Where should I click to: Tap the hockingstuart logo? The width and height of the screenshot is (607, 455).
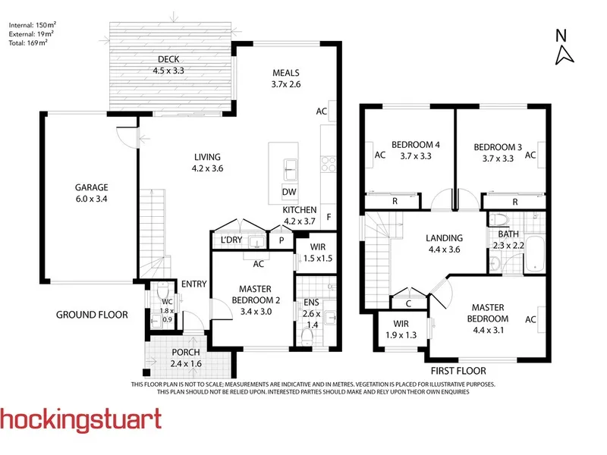pyautogui.click(x=80, y=420)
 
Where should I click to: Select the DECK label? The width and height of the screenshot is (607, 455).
pyautogui.click(x=168, y=59)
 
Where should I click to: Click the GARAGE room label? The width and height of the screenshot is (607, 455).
pyautogui.click(x=91, y=187)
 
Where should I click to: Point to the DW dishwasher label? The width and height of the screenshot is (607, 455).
pyautogui.click(x=289, y=192)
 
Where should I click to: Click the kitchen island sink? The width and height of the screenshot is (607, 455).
pyautogui.click(x=291, y=169)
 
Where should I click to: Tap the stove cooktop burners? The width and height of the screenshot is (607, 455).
pyautogui.click(x=329, y=164)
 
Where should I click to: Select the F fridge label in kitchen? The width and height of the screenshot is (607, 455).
pyautogui.click(x=329, y=217)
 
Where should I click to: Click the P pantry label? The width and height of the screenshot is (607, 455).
pyautogui.click(x=281, y=240)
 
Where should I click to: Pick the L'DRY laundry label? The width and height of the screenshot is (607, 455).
pyautogui.click(x=231, y=240)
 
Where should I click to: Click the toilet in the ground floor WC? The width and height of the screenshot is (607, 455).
pyautogui.click(x=162, y=290)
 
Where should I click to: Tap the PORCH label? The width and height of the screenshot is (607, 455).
pyautogui.click(x=186, y=353)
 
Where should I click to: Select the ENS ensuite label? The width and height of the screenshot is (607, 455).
pyautogui.click(x=311, y=302)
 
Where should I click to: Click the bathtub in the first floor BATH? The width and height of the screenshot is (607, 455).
pyautogui.click(x=536, y=254)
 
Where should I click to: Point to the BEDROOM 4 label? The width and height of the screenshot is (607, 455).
pyautogui.click(x=416, y=145)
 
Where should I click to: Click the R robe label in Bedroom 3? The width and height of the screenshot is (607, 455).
pyautogui.click(x=515, y=202)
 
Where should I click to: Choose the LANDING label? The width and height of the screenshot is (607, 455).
pyautogui.click(x=445, y=238)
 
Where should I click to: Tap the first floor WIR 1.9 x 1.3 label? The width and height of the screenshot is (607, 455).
pyautogui.click(x=401, y=329)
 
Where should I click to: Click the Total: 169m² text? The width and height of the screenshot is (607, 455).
pyautogui.click(x=28, y=42)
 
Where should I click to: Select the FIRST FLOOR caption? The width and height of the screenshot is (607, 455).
pyautogui.click(x=458, y=371)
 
